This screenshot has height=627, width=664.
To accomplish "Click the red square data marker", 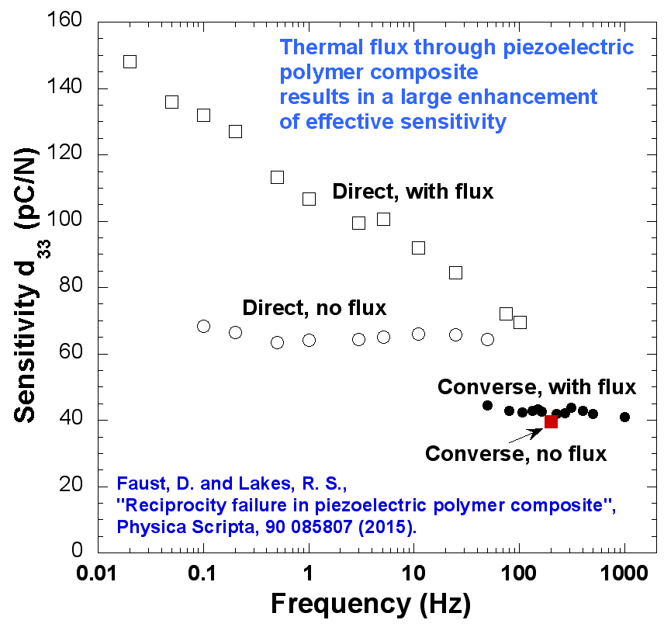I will (x=551, y=421).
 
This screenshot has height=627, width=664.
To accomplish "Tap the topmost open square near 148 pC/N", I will (x=130, y=61).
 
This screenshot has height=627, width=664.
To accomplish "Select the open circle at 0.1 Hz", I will (x=203, y=326).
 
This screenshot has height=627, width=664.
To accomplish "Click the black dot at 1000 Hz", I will (x=624, y=417).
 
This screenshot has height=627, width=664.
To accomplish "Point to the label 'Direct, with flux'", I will (x=413, y=192).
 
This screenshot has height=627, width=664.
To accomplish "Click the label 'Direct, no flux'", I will (x=314, y=307).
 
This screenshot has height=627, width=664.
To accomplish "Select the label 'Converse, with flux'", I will (x=537, y=386).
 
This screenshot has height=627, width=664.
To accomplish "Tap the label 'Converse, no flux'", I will (x=516, y=453).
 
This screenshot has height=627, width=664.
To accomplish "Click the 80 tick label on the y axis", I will (x=72, y=287).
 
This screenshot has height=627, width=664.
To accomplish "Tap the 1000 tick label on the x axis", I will (x=624, y=575).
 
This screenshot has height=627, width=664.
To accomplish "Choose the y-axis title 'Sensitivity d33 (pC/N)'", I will (x=29, y=287).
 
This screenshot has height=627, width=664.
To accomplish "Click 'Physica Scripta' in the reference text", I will (x=171, y=527).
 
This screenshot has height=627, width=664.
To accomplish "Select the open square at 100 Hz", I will (x=520, y=321).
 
